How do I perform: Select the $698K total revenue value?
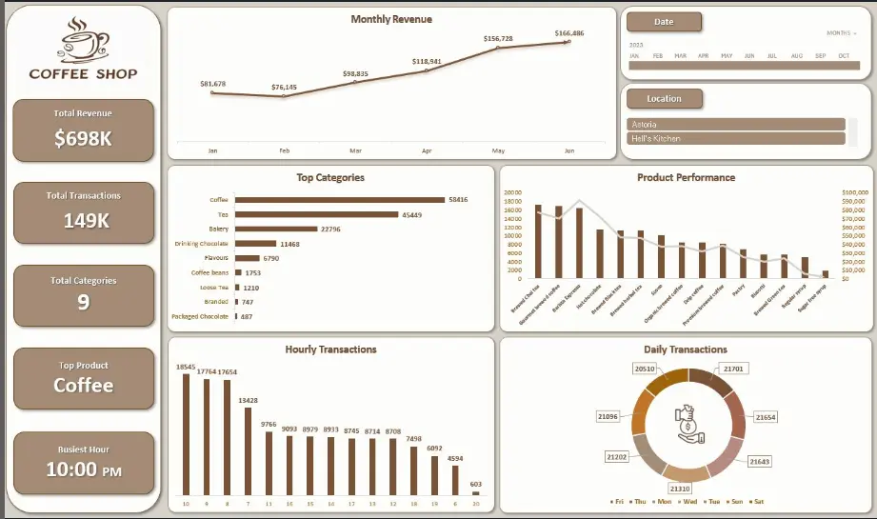[x=83, y=138]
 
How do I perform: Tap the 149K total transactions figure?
[x=83, y=220]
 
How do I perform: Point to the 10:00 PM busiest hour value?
[x=83, y=469]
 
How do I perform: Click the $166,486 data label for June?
[x=569, y=33]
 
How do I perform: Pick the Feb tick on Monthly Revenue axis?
[x=284, y=150]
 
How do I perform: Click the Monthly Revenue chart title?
[x=390, y=19]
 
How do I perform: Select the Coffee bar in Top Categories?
[x=340, y=200]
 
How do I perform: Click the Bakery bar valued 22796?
[x=276, y=229]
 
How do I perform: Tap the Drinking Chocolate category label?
[x=202, y=244]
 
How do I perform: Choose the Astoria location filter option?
[x=736, y=124]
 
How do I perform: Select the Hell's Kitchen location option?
[x=736, y=138]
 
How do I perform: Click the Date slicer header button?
[x=664, y=22]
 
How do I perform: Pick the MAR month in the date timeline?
[x=680, y=56]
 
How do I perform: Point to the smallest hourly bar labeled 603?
[x=476, y=492]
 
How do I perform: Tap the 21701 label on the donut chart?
[x=733, y=368]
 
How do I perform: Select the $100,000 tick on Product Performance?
[x=855, y=192]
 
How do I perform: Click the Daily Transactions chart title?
[x=685, y=349]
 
